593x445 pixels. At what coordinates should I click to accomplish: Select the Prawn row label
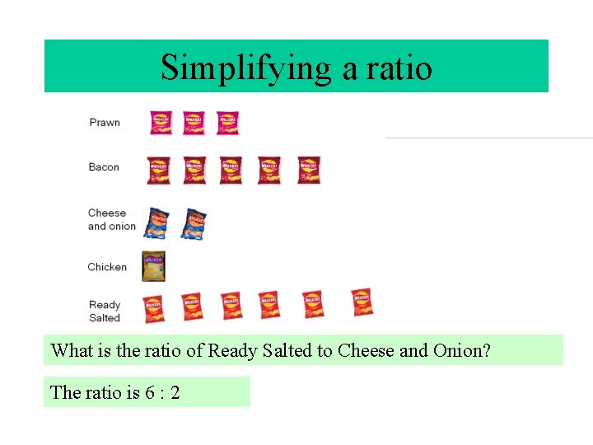tap(105, 122)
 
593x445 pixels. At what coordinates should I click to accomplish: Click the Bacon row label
tap(104, 166)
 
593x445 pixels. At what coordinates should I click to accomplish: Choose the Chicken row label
tap(107, 266)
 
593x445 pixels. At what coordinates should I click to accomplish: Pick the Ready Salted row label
tap(105, 311)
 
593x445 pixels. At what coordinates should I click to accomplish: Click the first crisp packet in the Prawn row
tap(161, 122)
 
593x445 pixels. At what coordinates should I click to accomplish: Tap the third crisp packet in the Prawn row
tap(227, 122)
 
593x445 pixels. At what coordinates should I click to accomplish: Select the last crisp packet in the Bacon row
tap(309, 170)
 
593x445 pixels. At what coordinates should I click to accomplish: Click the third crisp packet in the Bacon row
tap(231, 170)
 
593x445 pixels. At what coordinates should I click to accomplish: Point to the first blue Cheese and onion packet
tap(156, 222)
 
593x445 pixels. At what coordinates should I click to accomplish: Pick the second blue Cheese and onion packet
tap(194, 223)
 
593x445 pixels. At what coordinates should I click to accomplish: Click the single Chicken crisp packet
tap(153, 266)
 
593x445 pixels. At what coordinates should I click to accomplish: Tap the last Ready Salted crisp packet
tap(362, 302)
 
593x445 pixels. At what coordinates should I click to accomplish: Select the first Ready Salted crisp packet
tap(153, 308)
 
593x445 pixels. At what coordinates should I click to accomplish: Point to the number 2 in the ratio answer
tap(175, 392)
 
